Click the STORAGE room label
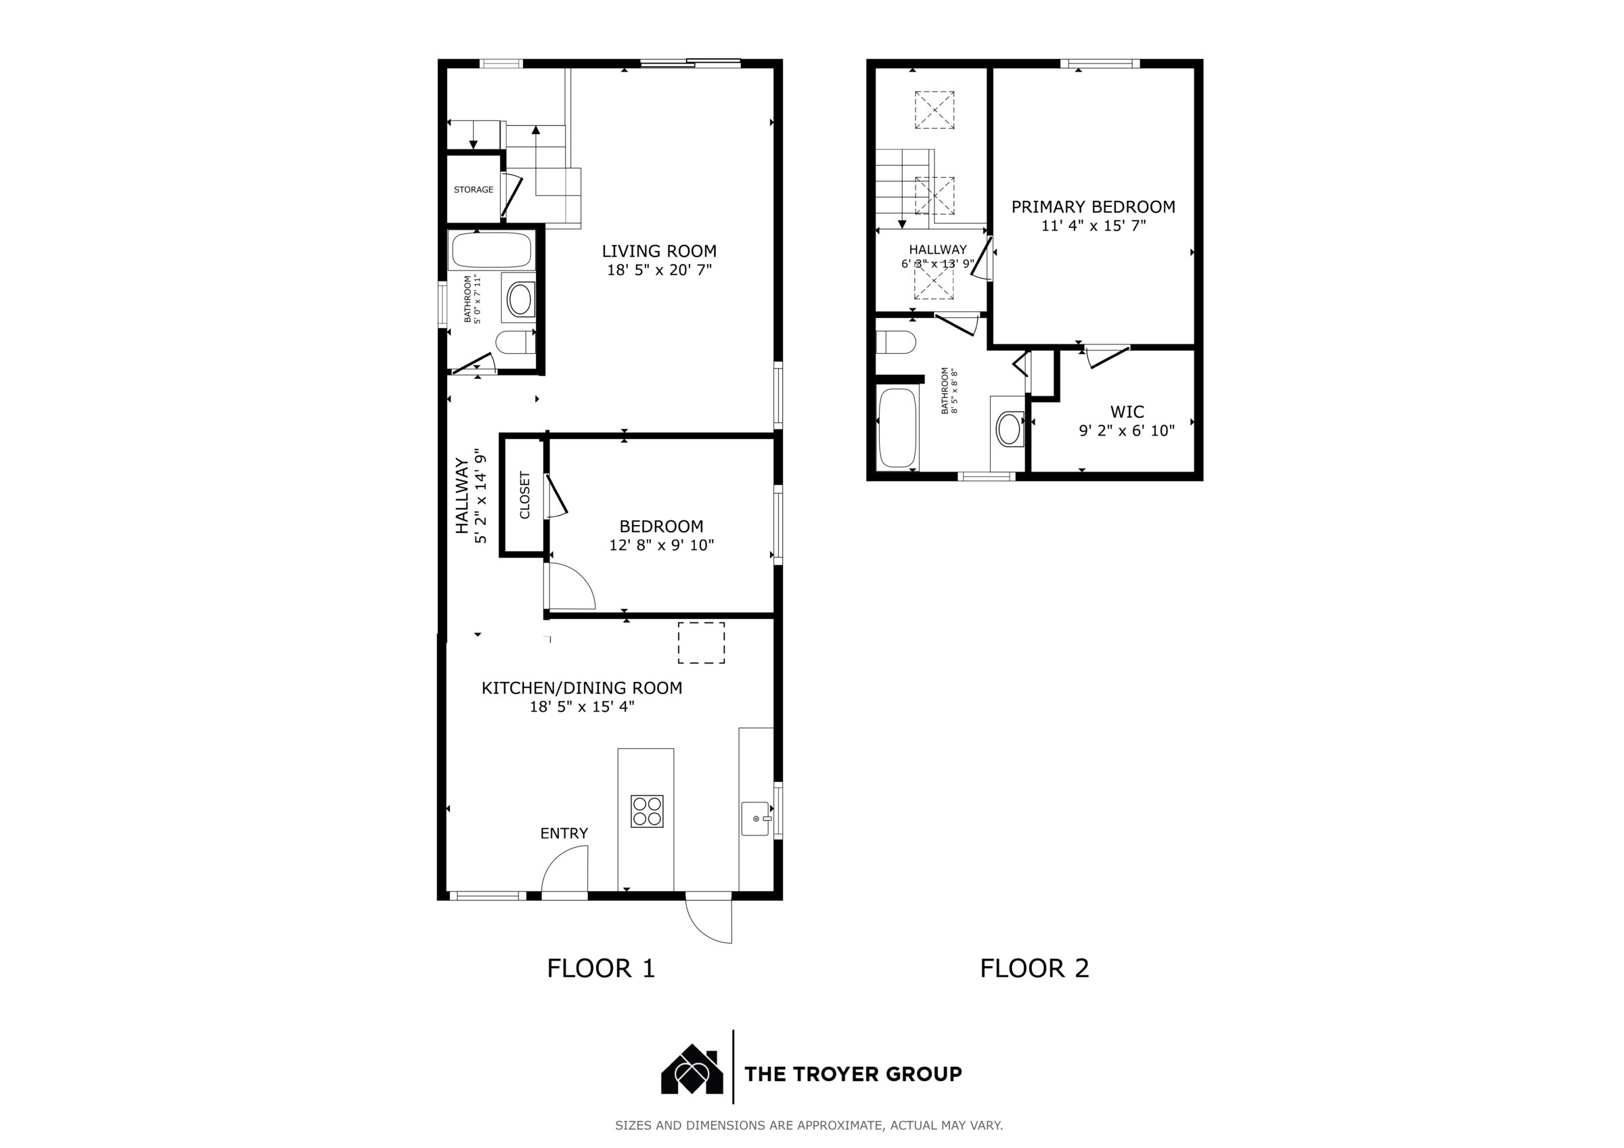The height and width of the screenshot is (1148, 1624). click(x=473, y=189)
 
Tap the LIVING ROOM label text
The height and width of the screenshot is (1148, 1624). click(x=659, y=251)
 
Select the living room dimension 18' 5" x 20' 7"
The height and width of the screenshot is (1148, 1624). click(x=659, y=269)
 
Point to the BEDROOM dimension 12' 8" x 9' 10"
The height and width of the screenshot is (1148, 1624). click(x=661, y=545)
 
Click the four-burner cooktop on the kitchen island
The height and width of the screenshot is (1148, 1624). click(x=647, y=811)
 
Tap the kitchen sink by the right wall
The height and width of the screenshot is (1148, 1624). click(x=755, y=819)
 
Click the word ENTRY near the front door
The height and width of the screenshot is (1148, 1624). click(x=564, y=833)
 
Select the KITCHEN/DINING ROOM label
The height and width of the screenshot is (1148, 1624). click(x=581, y=687)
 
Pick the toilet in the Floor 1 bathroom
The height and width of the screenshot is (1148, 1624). click(x=514, y=343)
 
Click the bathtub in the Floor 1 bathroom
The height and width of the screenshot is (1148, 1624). click(x=491, y=251)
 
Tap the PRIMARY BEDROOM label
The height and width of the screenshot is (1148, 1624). click(x=1093, y=206)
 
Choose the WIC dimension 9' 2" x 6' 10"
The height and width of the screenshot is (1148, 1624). click(x=1127, y=430)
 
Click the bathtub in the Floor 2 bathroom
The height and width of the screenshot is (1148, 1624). click(x=897, y=428)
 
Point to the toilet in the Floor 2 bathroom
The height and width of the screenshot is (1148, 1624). click(x=895, y=342)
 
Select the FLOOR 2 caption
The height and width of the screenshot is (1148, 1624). click(x=1034, y=968)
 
